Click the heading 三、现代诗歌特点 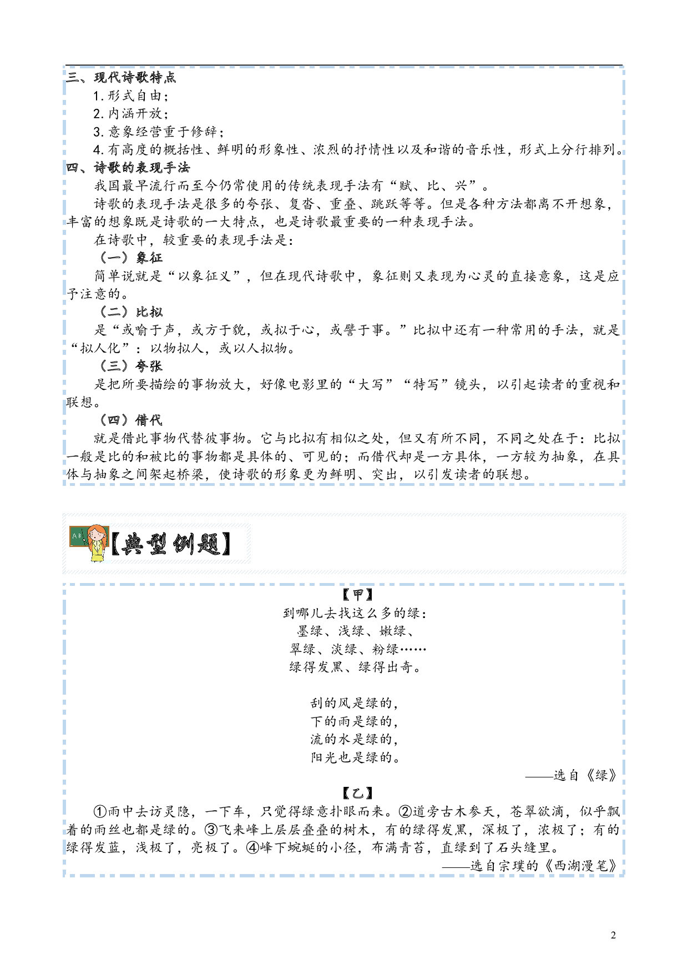tap(121, 77)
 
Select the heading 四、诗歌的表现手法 tap(128, 168)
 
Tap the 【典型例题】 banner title tap(170, 544)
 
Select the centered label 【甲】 tap(358, 595)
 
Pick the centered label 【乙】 tap(358, 794)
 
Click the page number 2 tap(613, 935)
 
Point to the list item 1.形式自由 tap(131, 96)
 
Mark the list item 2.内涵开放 tap(131, 113)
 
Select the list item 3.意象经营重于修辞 tap(159, 132)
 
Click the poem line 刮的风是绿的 tap(355, 703)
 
